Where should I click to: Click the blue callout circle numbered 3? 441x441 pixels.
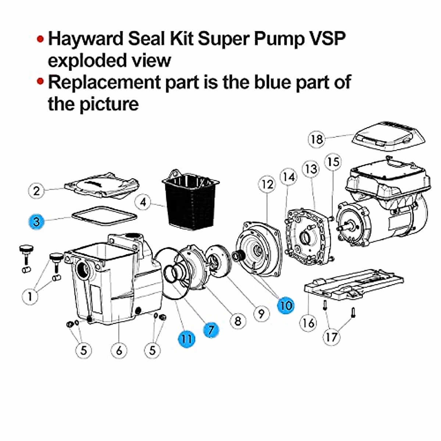(x=37, y=221)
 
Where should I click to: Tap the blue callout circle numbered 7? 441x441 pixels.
(x=211, y=330)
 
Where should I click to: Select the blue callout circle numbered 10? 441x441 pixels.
(x=286, y=305)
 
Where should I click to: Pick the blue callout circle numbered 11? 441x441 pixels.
(x=187, y=338)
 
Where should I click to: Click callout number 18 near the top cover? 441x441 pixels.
(x=316, y=139)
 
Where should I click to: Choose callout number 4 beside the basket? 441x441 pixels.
(x=143, y=202)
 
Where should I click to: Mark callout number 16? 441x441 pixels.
(x=308, y=323)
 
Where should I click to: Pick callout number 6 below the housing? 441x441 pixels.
(x=119, y=350)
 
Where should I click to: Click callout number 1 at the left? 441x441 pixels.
(x=30, y=295)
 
